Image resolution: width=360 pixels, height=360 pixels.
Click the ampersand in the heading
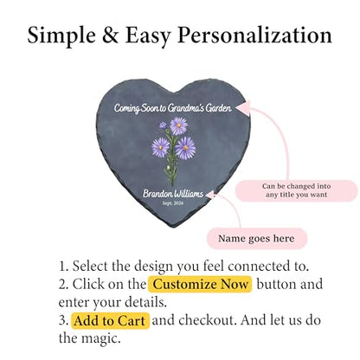point(110,35)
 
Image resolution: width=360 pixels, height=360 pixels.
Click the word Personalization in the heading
point(254,36)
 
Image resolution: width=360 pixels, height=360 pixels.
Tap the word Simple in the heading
point(61,36)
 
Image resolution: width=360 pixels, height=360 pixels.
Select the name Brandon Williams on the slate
point(173,194)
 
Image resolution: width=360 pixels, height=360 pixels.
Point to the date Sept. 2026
point(173,203)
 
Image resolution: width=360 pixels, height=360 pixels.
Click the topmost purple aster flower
point(179,125)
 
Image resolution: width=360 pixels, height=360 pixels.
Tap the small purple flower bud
point(163,125)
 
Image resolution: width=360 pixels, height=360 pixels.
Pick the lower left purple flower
point(160,147)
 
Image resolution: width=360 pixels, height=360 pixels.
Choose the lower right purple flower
point(185,148)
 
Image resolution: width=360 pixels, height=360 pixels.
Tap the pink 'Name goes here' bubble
point(257,239)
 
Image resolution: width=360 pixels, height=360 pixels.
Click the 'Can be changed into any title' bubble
point(297,190)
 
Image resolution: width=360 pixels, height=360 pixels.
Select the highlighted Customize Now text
point(200,285)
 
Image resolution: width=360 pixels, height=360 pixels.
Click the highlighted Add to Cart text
point(110,321)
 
